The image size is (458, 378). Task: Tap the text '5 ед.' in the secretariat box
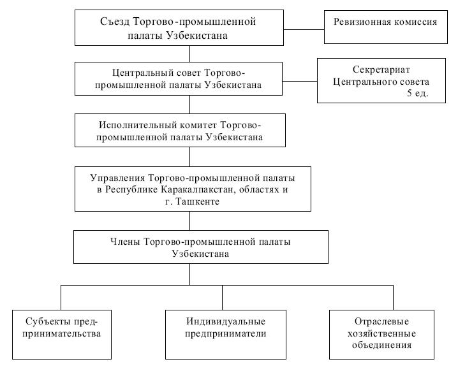(418, 93)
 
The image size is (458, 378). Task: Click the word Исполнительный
(134, 124)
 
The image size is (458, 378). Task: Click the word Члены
(126, 240)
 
